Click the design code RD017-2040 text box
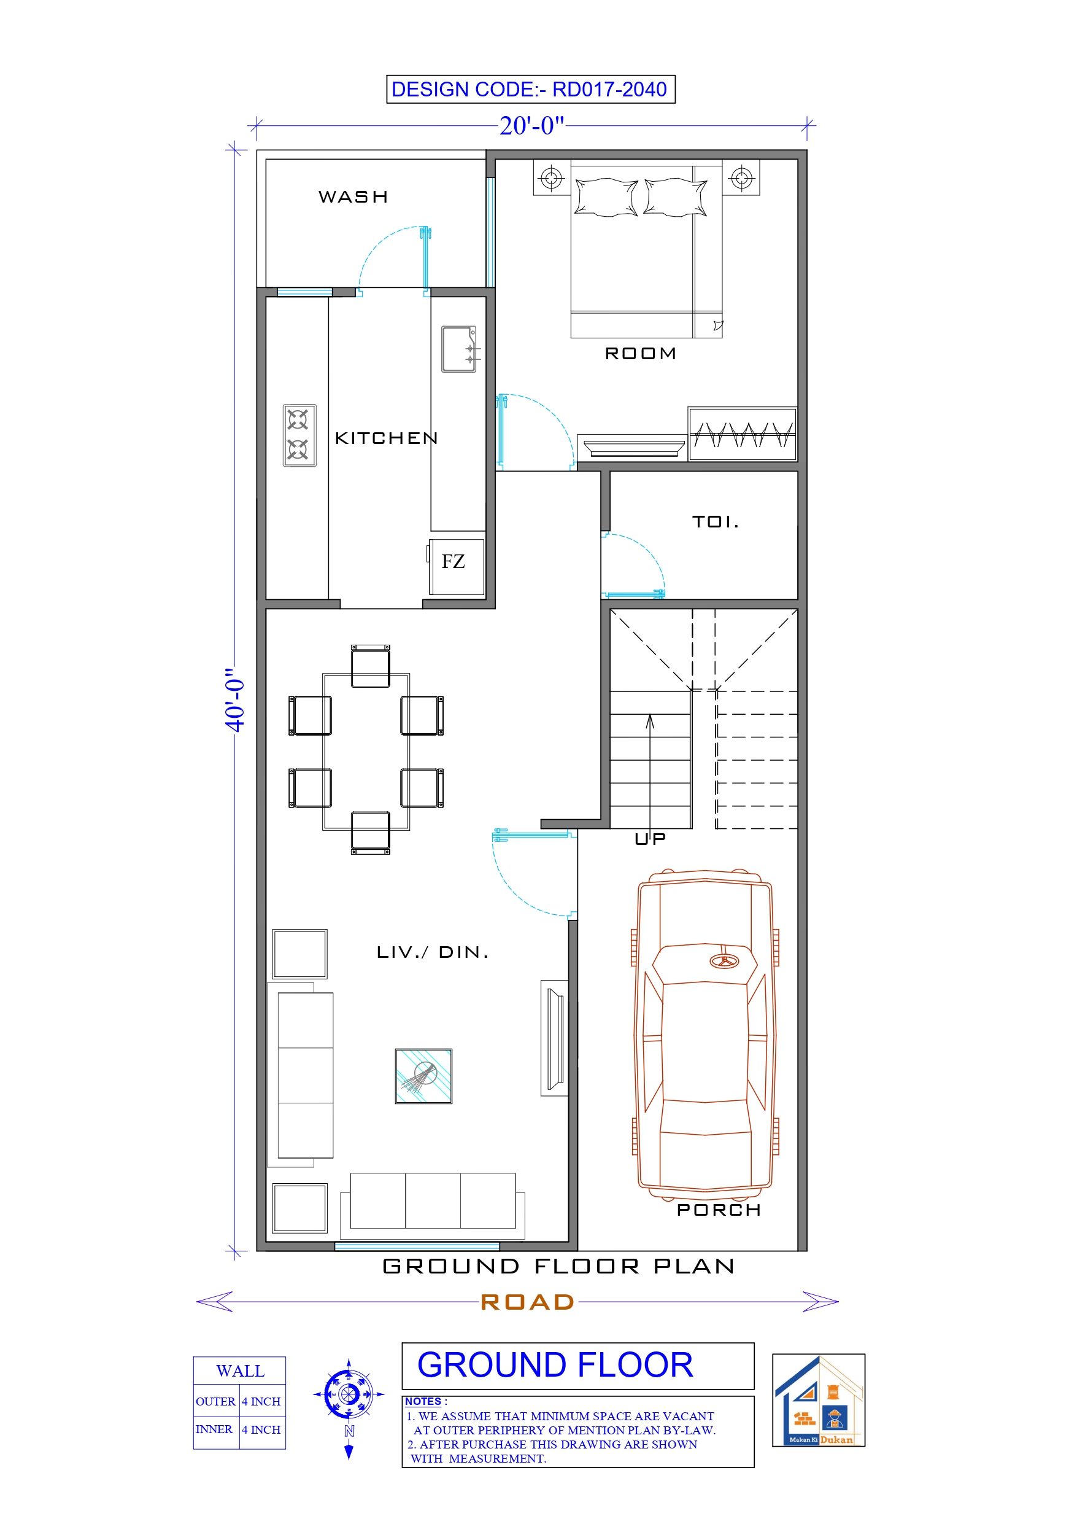[x=530, y=89]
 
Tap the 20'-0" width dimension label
[x=531, y=125]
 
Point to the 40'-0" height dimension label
[x=234, y=699]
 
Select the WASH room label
[x=353, y=197]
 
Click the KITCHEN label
[x=386, y=438]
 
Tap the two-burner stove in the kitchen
[x=299, y=435]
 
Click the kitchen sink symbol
[x=459, y=349]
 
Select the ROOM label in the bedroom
[x=640, y=354]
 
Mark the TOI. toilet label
[x=716, y=522]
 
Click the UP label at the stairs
[x=650, y=839]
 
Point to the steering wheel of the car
[x=724, y=961]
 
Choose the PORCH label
[x=718, y=1210]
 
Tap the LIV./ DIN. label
[x=433, y=952]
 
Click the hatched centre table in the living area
[x=423, y=1076]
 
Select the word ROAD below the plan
[x=528, y=1302]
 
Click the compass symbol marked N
[x=349, y=1394]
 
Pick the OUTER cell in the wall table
[x=215, y=1401]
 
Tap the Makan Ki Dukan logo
[x=818, y=1400]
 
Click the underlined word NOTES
[x=423, y=1401]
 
